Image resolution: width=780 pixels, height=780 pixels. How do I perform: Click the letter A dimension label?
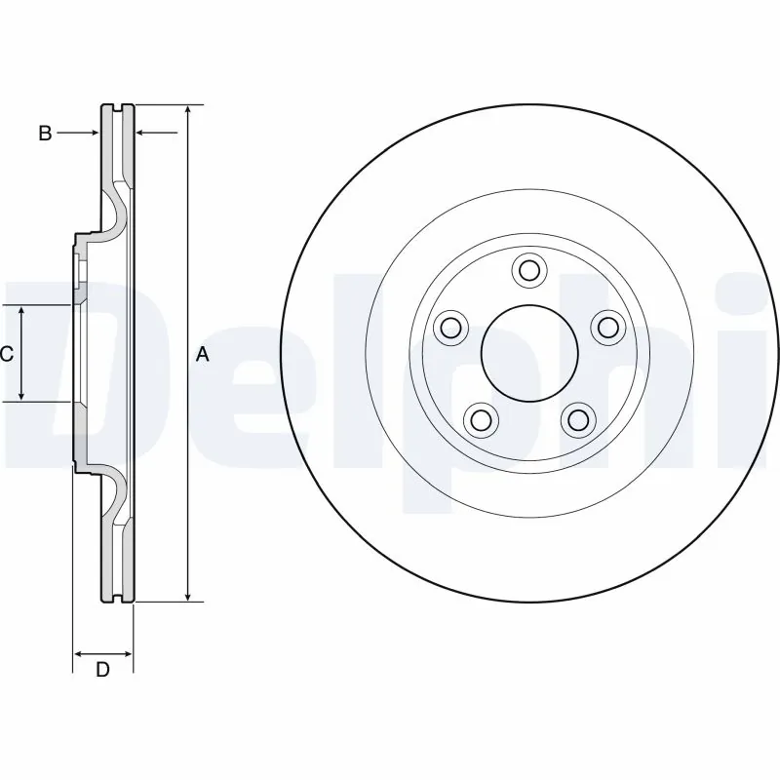pyautogui.click(x=203, y=355)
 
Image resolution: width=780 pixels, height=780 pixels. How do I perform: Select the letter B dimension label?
pyautogui.click(x=45, y=134)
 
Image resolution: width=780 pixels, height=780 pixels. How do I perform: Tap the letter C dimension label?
pyautogui.click(x=7, y=354)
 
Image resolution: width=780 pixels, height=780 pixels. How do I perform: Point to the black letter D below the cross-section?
pyautogui.click(x=102, y=669)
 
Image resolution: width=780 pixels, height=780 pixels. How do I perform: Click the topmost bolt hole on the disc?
pyautogui.click(x=529, y=269)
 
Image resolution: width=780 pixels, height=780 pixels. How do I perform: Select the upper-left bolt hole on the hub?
pyautogui.click(x=449, y=327)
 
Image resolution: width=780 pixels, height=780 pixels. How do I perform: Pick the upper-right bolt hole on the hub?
pyautogui.click(x=608, y=327)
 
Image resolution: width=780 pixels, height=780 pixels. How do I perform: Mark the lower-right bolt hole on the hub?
pyautogui.click(x=578, y=420)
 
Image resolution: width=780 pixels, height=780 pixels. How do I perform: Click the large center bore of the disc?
pyautogui.click(x=529, y=353)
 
